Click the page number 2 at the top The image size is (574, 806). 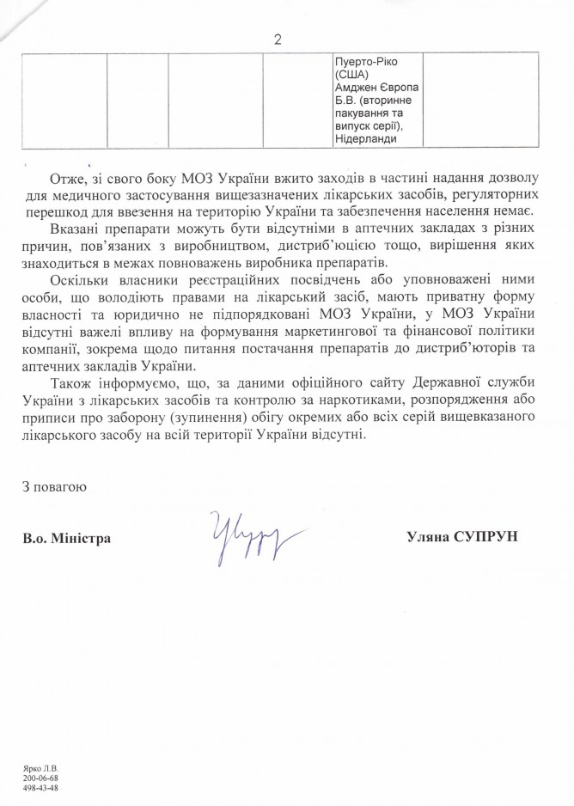[277, 39]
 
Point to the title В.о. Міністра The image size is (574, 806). [67, 538]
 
